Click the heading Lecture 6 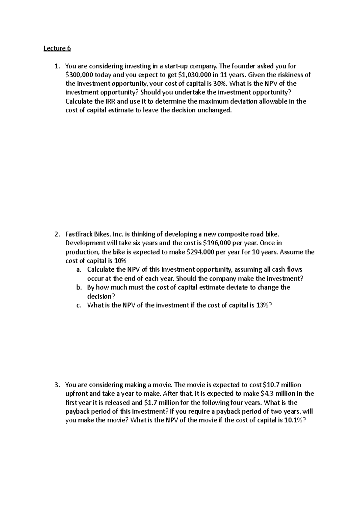coord(57,48)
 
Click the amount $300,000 coord(77,75)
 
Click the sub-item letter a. coord(78,270)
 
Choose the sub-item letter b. coord(79,287)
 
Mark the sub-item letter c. coord(78,305)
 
